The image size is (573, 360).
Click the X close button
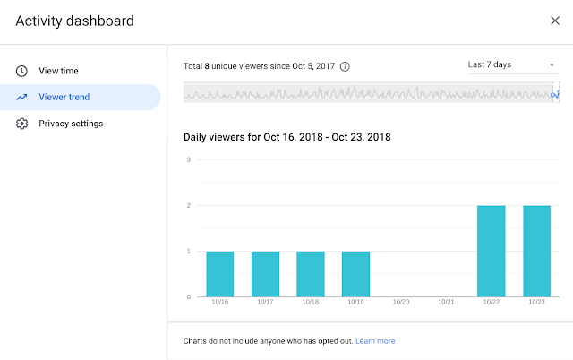click(555, 20)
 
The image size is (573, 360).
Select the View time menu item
click(64, 70)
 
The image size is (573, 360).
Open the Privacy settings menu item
click(71, 124)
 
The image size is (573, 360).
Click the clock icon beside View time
click(21, 70)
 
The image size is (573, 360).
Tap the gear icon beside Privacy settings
click(21, 124)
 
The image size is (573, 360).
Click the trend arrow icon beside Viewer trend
click(21, 97)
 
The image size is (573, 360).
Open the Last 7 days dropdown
click(511, 64)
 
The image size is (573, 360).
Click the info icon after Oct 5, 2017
click(346, 66)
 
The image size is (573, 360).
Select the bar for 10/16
click(219, 273)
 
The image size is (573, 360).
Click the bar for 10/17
click(265, 273)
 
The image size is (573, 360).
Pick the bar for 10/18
click(310, 273)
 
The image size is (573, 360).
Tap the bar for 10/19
click(355, 273)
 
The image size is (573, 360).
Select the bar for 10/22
click(491, 251)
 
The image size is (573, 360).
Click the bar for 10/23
click(536, 251)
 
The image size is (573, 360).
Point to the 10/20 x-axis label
click(400, 303)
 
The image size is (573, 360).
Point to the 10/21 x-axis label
click(446, 303)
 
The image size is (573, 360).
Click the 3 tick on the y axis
click(188, 160)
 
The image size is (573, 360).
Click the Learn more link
click(375, 341)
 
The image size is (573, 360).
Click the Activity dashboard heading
click(74, 21)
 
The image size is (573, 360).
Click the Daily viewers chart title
click(286, 137)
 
